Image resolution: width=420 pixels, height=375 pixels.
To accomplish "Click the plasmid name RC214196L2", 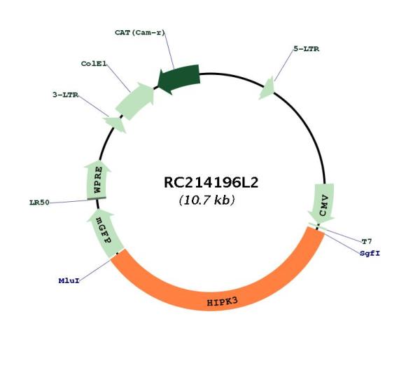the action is [x=211, y=183].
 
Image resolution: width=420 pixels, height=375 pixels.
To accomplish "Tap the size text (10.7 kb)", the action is [x=206, y=200].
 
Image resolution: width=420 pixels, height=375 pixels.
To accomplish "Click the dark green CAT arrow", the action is [x=178, y=79].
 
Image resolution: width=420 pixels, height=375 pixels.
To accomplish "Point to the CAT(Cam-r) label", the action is [x=140, y=33].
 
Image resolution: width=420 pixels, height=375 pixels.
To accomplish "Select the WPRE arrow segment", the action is [x=97, y=179].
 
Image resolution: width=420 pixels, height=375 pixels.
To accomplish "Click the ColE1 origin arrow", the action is [x=135, y=101].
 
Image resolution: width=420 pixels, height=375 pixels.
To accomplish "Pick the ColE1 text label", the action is [x=94, y=64].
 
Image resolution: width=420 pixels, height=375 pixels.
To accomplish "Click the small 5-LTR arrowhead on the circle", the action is [x=267, y=89].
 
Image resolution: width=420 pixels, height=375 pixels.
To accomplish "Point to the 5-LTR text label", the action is [x=307, y=49].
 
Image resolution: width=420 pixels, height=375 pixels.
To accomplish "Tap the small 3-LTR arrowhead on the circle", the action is [x=115, y=124].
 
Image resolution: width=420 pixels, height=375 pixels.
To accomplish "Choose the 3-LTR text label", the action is [x=65, y=95].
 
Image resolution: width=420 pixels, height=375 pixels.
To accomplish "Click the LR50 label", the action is [x=40, y=203].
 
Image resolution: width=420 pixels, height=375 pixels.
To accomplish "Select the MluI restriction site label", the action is [x=69, y=281].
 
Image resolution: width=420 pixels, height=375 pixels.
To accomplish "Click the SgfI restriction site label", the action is [x=370, y=253].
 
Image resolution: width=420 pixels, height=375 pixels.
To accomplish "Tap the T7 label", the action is [x=367, y=242].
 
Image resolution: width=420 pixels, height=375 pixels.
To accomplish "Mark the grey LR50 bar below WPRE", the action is [x=97, y=199].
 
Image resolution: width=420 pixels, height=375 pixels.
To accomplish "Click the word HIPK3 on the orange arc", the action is [x=223, y=302].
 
